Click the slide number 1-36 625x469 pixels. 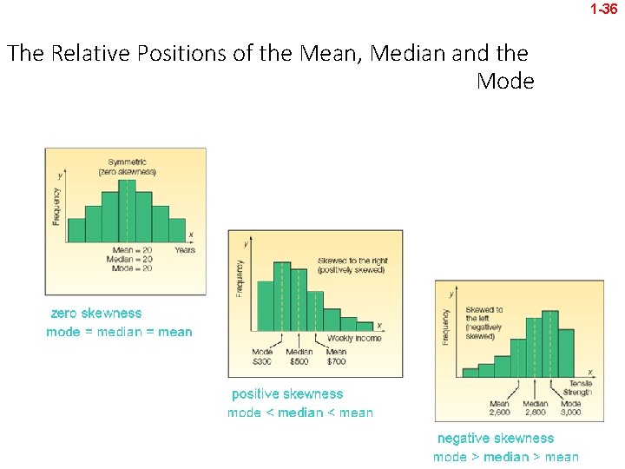pyautogui.click(x=603, y=10)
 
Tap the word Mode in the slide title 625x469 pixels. pyautogui.click(x=505, y=82)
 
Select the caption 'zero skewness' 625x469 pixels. pyautogui.click(x=95, y=313)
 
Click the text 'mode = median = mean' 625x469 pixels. pyautogui.click(x=119, y=332)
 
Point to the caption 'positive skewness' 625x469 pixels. pyautogui.click(x=286, y=393)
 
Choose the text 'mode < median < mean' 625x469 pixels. pyautogui.click(x=299, y=413)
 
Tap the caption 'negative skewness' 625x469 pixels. pyautogui.click(x=495, y=438)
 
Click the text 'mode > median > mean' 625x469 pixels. pyautogui.click(x=505, y=457)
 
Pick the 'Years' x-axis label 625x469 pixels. pyautogui.click(x=185, y=249)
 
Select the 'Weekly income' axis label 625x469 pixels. pyautogui.click(x=353, y=338)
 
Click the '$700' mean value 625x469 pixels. pyautogui.click(x=336, y=360)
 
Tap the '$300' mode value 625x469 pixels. pyautogui.click(x=262, y=360)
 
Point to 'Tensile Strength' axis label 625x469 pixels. pyautogui.click(x=579, y=387)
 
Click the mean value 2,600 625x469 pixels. pyautogui.click(x=499, y=413)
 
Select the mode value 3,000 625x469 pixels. pyautogui.click(x=570, y=413)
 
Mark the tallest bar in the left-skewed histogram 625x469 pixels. pyautogui.click(x=549, y=343)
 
